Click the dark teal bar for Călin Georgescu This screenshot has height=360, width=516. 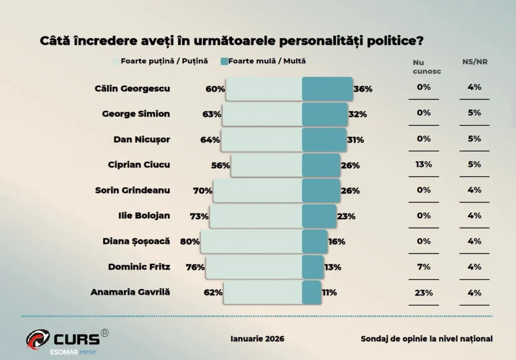[327, 89]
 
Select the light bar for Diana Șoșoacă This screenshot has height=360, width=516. [251, 242]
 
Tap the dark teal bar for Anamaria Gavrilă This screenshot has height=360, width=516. [311, 293]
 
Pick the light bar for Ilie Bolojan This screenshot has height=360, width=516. [256, 216]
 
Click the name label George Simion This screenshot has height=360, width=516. [136, 114]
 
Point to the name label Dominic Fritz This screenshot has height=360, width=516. [139, 267]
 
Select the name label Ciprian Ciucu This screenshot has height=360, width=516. [139, 165]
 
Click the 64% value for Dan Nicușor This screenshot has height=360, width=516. [210, 140]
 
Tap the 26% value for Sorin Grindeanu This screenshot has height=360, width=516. [350, 191]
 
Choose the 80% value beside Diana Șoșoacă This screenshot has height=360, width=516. [190, 242]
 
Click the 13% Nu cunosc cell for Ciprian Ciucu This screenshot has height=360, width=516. [424, 164]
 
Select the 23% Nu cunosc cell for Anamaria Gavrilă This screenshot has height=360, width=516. [424, 293]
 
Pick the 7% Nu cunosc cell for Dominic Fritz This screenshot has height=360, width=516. [424, 267]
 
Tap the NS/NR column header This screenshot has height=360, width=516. [475, 62]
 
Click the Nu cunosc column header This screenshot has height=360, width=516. [426, 66]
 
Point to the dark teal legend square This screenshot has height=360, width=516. [224, 61]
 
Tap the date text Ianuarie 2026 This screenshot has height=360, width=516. [257, 339]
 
